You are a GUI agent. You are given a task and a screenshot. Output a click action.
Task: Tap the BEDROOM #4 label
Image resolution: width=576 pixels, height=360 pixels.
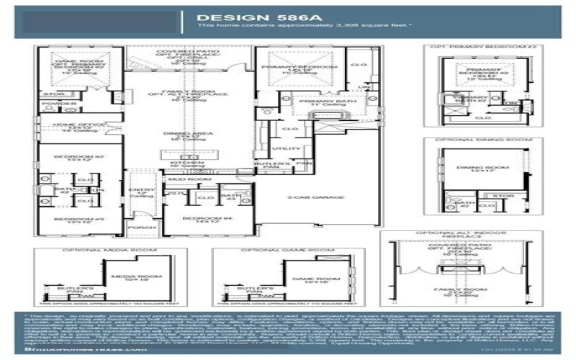pos(197,217)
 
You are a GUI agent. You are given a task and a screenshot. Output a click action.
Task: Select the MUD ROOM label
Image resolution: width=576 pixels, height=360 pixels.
pos(185,179)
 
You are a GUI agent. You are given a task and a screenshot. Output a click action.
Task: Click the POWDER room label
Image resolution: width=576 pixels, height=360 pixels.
pos(50,104)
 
